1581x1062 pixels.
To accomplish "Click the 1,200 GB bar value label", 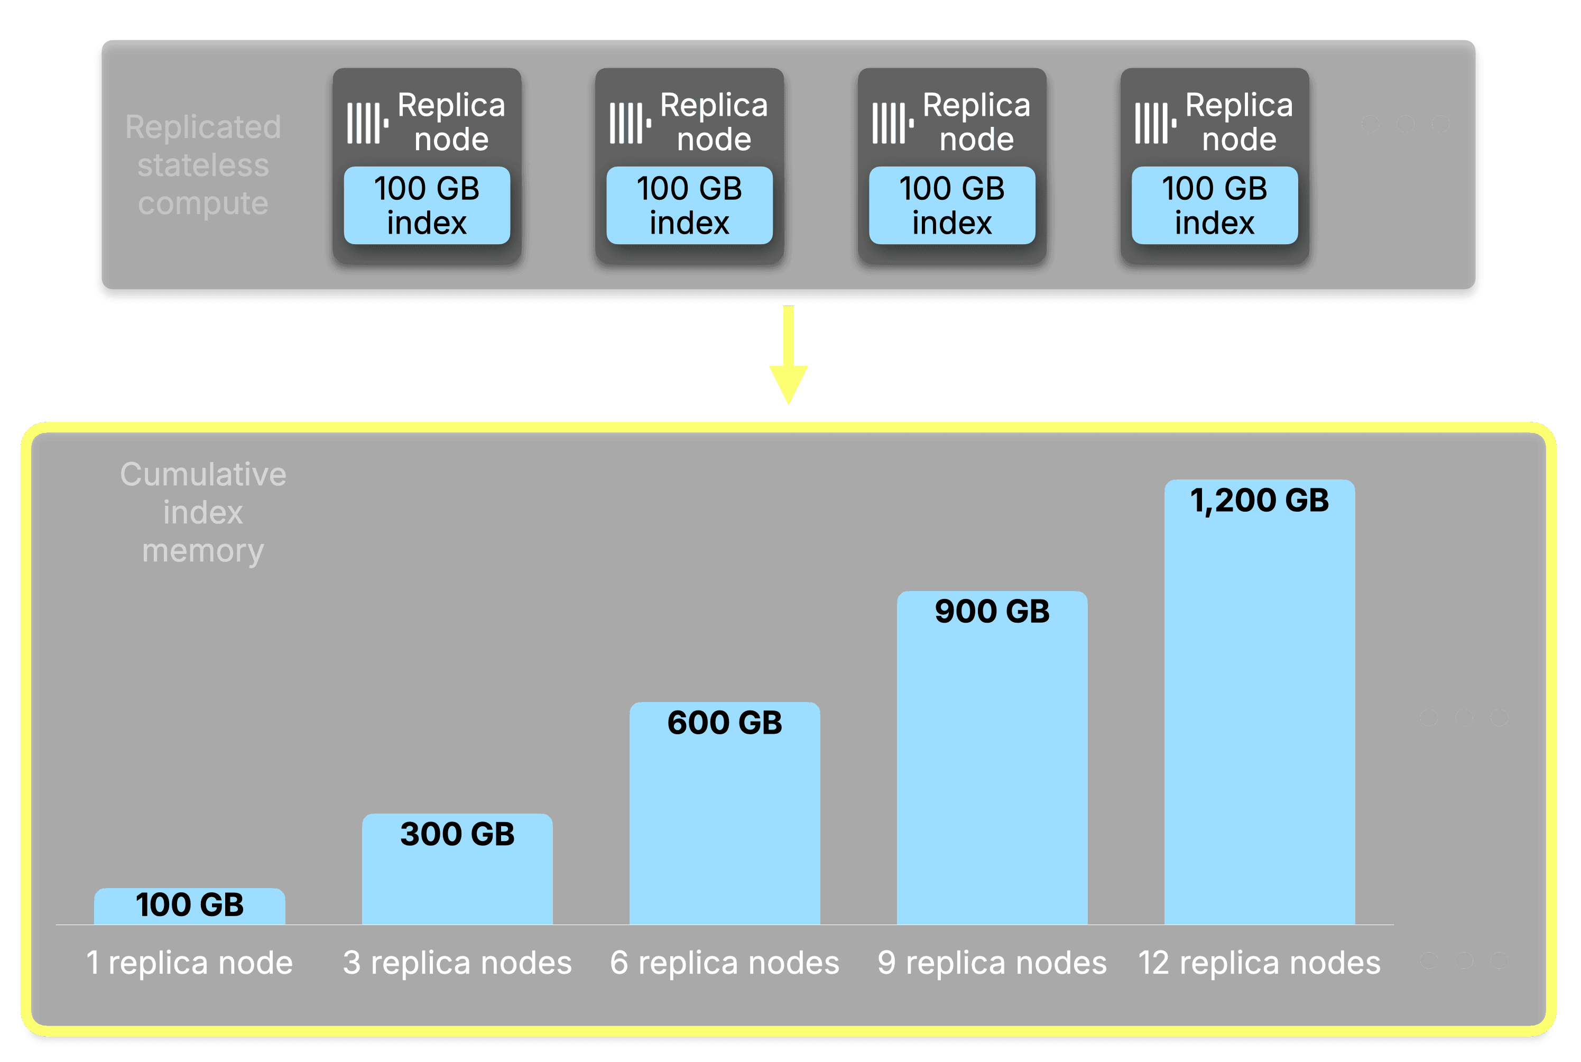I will tap(1260, 501).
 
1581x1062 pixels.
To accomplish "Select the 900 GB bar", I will tap(992, 759).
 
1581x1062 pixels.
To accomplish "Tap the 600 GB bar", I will tap(725, 813).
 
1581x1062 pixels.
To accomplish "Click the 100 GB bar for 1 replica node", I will tap(190, 906).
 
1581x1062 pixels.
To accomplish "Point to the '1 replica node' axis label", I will tap(190, 963).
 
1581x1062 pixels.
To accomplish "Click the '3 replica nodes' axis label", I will tap(457, 963).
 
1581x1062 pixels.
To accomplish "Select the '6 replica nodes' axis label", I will tap(725, 963).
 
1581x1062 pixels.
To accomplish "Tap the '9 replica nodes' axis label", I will tap(992, 963).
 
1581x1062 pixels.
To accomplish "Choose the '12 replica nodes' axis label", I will tap(1260, 963).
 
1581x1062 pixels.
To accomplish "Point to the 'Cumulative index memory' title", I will tap(203, 512).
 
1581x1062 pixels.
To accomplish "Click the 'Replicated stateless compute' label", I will tap(203, 164).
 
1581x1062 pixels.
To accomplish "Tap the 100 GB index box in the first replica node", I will tap(427, 205).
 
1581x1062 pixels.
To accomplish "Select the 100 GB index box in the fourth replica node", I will tap(1215, 205).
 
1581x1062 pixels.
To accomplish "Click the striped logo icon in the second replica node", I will tap(630, 123).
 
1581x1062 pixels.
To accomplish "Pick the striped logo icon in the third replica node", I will tap(892, 123).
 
